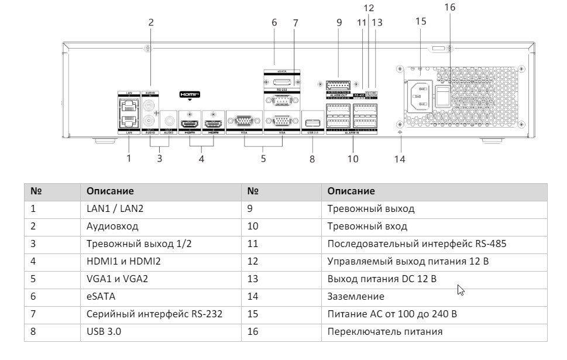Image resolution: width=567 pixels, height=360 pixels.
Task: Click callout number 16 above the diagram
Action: click(x=449, y=8)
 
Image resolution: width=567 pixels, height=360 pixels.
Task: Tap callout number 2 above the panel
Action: click(x=150, y=22)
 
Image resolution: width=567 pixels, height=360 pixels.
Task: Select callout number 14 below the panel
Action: click(x=400, y=158)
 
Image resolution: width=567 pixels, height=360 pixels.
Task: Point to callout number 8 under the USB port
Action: click(x=312, y=158)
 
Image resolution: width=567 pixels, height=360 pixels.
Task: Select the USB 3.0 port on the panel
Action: click(x=311, y=123)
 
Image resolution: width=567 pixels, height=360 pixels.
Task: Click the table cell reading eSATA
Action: click(x=97, y=297)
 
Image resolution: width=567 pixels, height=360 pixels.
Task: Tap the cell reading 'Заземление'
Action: click(x=356, y=297)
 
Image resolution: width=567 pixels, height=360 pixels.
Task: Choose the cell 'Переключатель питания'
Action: click(x=384, y=332)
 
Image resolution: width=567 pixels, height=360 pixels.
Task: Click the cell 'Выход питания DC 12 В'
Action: click(x=382, y=279)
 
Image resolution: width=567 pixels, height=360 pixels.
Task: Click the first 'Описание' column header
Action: click(x=110, y=191)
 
